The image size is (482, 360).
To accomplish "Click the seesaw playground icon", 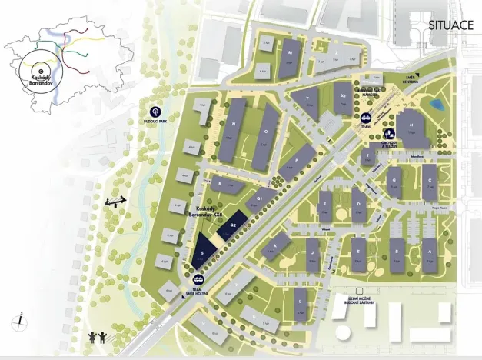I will tap(115, 202).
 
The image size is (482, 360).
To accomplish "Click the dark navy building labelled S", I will tap(201, 252).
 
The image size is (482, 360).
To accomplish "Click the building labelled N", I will tap(233, 129).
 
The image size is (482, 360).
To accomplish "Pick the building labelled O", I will tap(266, 137).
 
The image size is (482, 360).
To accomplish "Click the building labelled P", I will tap(298, 162).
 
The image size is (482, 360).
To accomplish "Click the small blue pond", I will tap(436, 103).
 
